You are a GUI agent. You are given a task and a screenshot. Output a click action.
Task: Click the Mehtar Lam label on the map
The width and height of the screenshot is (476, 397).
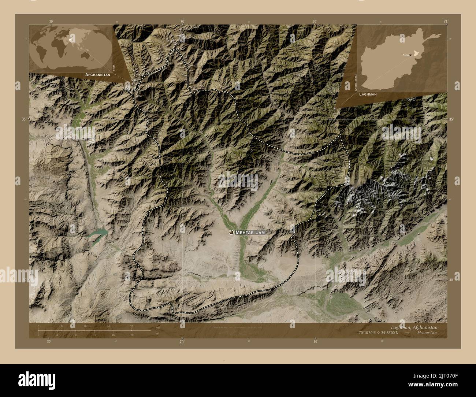[x=250, y=232]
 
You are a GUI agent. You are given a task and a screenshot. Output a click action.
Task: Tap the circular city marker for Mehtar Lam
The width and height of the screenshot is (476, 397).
[x=231, y=232]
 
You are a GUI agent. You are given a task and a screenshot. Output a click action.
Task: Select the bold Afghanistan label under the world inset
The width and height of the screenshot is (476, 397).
[x=97, y=74]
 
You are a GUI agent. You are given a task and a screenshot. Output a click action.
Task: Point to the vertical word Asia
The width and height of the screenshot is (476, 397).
[x=114, y=68]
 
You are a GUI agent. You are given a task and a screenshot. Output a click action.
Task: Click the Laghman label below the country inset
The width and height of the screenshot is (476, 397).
[x=368, y=94]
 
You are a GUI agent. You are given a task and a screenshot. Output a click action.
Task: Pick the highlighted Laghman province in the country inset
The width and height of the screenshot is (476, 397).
[x=416, y=53]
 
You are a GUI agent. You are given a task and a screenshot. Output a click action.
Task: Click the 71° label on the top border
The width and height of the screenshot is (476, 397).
[x=445, y=21]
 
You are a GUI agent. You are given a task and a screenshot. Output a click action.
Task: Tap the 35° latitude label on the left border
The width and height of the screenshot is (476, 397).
[x=24, y=119]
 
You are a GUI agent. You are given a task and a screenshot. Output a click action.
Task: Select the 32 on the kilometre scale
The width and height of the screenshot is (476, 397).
[x=131, y=326]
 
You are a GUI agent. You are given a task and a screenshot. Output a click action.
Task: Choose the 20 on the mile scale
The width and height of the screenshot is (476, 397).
[x=131, y=335]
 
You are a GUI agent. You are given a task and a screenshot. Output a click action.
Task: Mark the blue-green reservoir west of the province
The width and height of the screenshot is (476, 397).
[x=98, y=233]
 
